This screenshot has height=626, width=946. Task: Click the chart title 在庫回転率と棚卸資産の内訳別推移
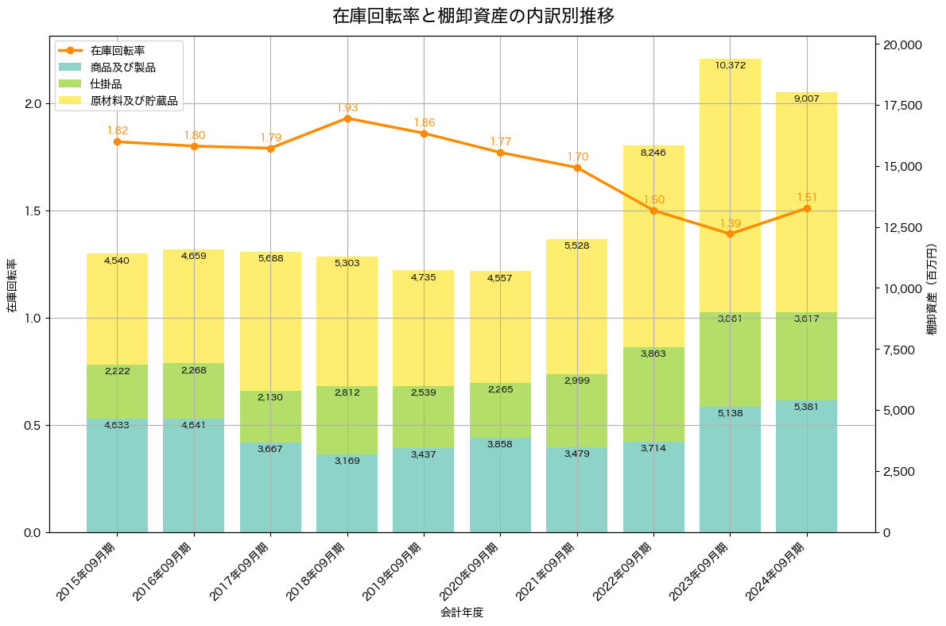pos(473,16)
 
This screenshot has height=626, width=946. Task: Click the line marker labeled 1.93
pos(347,118)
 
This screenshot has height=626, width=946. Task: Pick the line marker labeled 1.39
pos(730,234)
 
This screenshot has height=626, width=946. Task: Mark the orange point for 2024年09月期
pos(807,208)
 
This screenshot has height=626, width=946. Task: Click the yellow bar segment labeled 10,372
pos(730,183)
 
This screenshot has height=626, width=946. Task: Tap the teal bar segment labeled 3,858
pos(500,485)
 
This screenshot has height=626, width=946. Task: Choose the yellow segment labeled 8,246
pos(653,246)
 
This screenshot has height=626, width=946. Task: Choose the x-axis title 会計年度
pos(462,612)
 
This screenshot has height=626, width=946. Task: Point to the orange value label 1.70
pos(577,156)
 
